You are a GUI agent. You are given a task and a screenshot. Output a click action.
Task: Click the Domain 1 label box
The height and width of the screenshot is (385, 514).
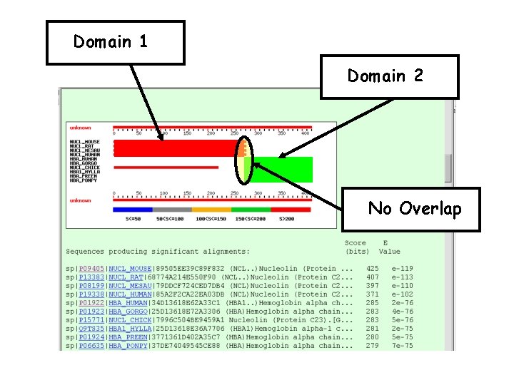pyautogui.click(x=114, y=42)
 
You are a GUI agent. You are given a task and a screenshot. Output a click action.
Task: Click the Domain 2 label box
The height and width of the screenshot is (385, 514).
pyautogui.click(x=389, y=76)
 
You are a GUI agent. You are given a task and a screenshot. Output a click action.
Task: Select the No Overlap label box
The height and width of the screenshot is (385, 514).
pyautogui.click(x=415, y=209)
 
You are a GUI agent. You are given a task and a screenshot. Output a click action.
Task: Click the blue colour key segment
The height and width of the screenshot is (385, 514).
pyautogui.click(x=133, y=210)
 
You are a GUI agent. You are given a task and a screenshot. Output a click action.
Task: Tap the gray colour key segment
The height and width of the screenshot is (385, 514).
pyautogui.click(x=172, y=210)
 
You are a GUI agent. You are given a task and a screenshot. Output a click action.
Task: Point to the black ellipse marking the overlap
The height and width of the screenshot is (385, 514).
pyautogui.click(x=244, y=158)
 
